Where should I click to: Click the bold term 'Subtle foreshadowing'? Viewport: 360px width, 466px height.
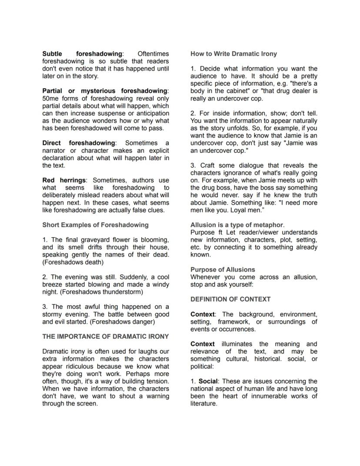pyautogui.click(x=83, y=54)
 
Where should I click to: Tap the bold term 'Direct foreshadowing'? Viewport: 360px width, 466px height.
pyautogui.click(x=79, y=143)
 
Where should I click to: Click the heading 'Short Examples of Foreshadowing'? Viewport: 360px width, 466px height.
pyautogui.click(x=95, y=225)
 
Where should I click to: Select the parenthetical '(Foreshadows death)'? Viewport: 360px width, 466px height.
pyautogui.click(x=73, y=262)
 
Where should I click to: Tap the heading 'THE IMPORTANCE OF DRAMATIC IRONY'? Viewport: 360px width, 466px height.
pyautogui.click(x=106, y=337)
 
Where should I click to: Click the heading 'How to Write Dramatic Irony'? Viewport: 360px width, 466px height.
pyautogui.click(x=233, y=54)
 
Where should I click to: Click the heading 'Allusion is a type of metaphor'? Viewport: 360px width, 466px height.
pyautogui.click(x=237, y=225)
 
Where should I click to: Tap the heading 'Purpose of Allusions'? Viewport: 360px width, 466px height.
pyautogui.click(x=223, y=270)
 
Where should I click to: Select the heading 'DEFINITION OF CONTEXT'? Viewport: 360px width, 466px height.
pyautogui.click(x=230, y=299)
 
